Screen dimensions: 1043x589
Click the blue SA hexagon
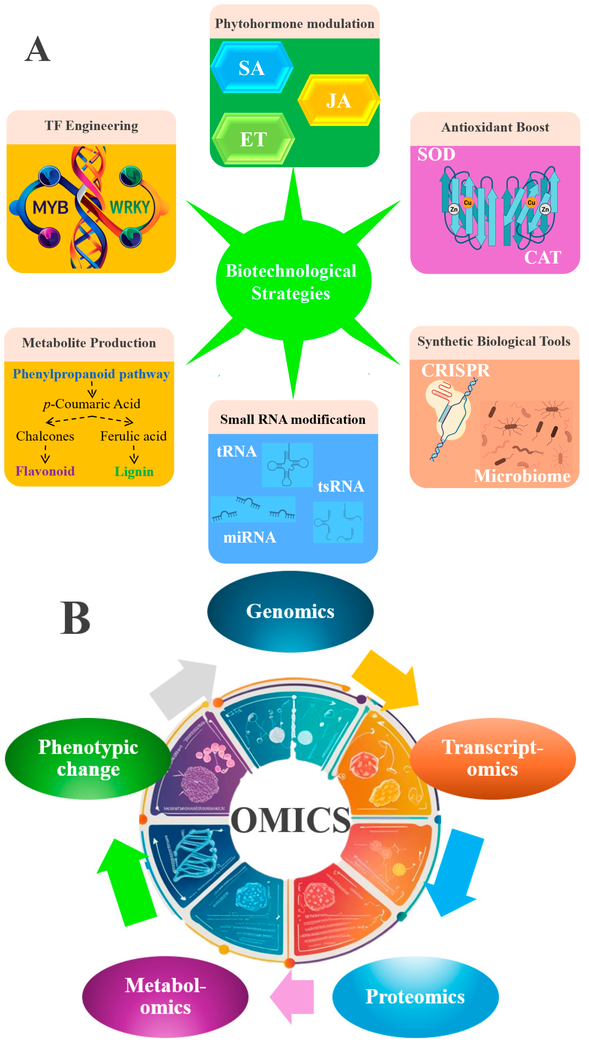click(252, 68)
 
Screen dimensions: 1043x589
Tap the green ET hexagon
click(253, 139)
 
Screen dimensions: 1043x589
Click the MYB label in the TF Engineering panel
click(50, 207)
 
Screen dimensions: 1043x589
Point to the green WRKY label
click(130, 207)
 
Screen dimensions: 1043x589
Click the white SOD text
click(436, 154)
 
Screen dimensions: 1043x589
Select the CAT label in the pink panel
click(543, 257)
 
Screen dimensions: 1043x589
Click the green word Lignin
click(134, 471)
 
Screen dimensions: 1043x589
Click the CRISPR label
click(456, 370)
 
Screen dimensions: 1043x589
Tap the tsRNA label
click(341, 486)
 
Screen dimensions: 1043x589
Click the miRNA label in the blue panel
click(250, 537)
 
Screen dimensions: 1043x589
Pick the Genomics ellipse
click(290, 611)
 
